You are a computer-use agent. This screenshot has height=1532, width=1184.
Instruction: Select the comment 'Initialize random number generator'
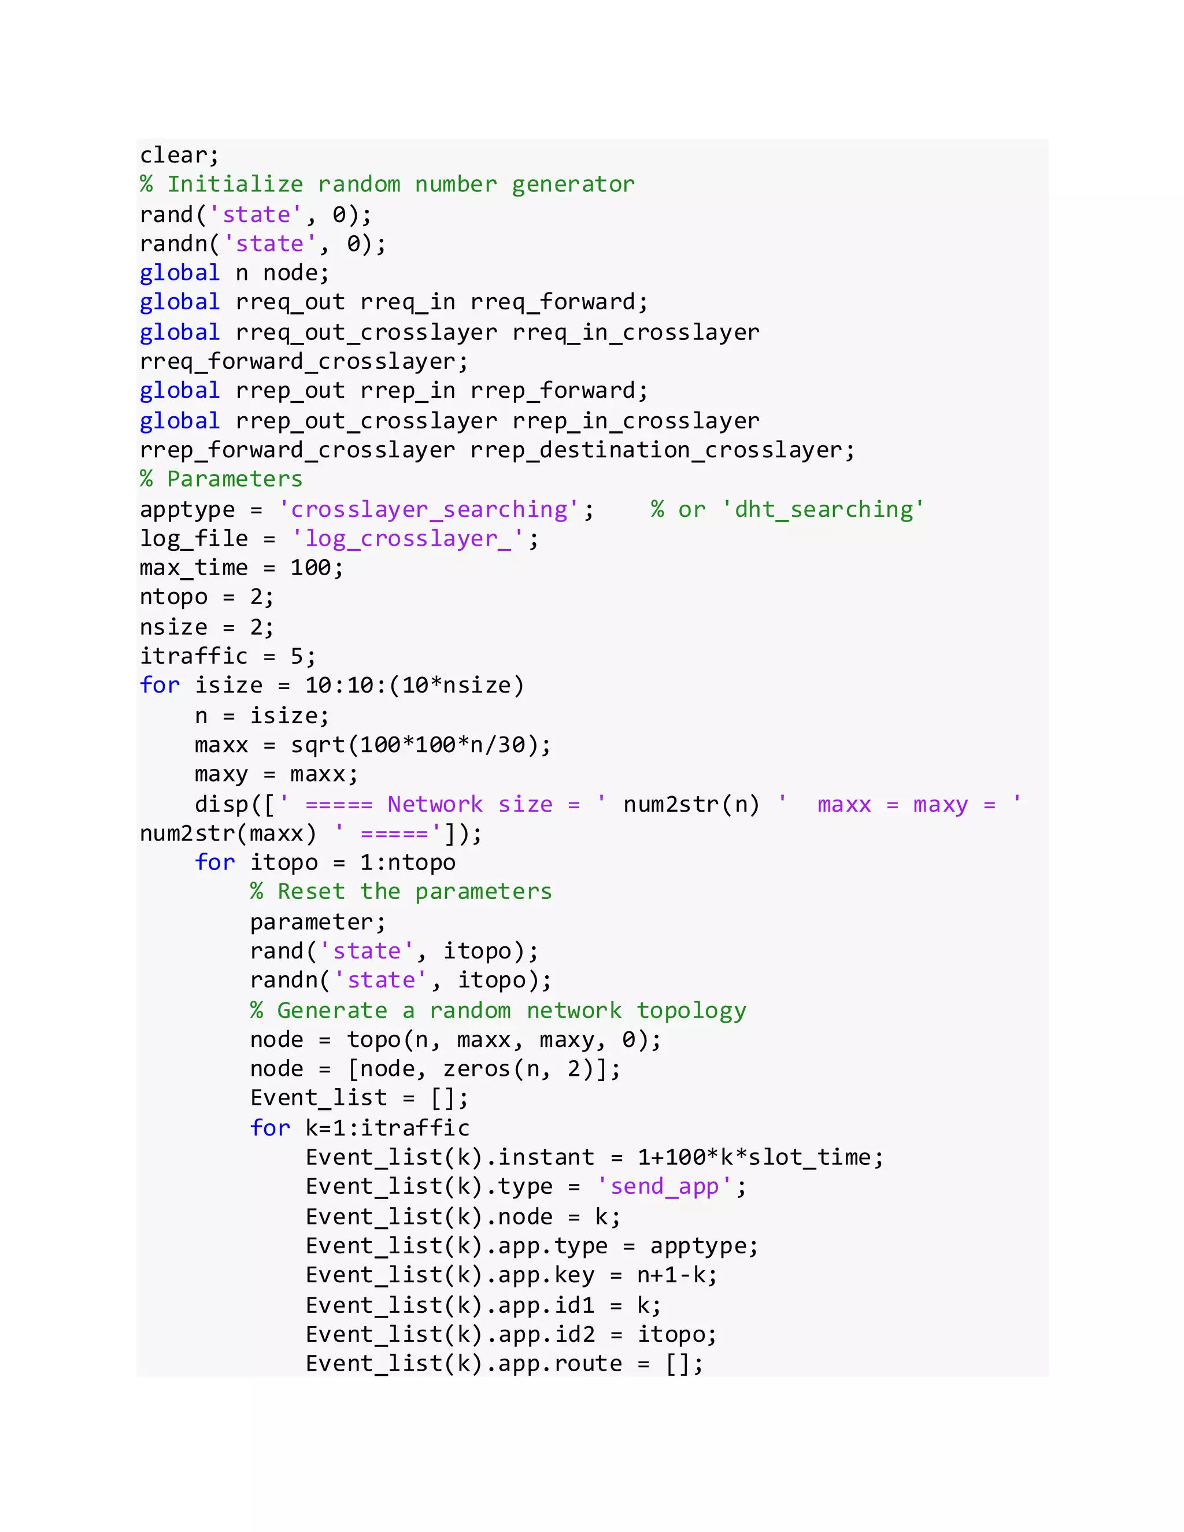(x=401, y=184)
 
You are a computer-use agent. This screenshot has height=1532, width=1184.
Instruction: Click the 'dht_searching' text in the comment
(x=823, y=509)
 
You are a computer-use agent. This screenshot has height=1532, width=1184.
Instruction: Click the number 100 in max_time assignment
(x=310, y=568)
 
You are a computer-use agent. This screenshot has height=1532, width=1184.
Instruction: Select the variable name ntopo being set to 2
(x=173, y=598)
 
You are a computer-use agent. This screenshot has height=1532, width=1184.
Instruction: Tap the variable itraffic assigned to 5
(x=194, y=657)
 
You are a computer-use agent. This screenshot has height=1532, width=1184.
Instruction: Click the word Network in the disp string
(x=435, y=804)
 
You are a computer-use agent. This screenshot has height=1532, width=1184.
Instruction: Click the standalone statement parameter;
(x=317, y=922)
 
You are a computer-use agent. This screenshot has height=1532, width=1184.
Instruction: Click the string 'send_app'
(x=663, y=1187)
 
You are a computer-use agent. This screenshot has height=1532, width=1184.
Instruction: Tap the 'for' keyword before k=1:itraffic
(x=270, y=1128)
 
